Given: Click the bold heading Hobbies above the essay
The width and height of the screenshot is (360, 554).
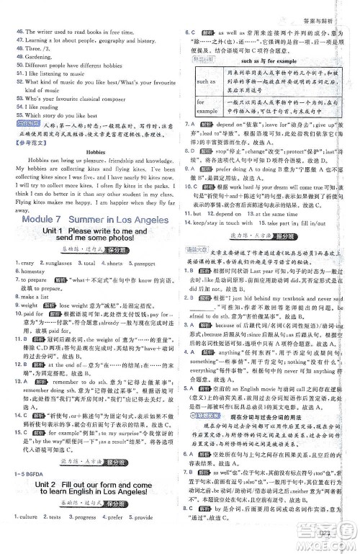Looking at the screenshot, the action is point(96,153).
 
